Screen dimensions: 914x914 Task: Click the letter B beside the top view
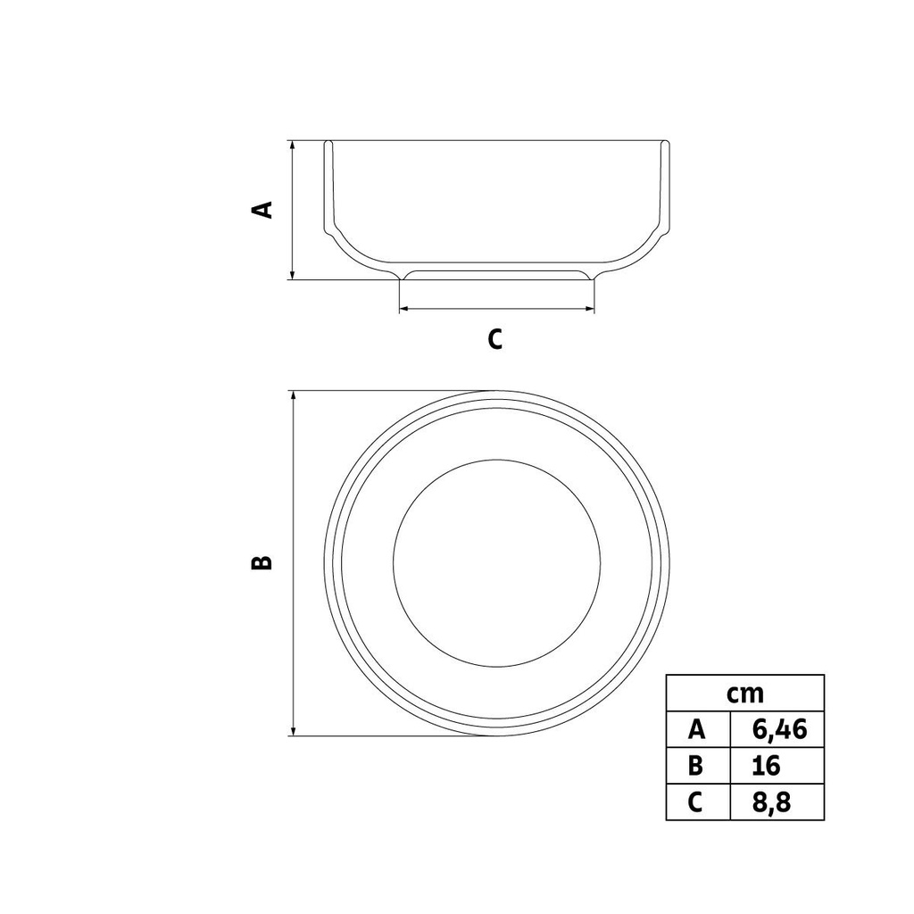coord(262,562)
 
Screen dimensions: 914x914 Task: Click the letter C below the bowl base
coord(495,339)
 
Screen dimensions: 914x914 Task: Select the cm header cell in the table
coord(744,693)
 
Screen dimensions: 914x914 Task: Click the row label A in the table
coord(697,729)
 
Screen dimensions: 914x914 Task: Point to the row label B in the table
coord(697,766)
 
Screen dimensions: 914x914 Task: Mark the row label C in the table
coord(697,802)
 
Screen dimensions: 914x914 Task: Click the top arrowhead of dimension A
coord(292,145)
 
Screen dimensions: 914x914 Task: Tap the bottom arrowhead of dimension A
coord(292,274)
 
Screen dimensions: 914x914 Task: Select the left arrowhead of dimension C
coord(403,309)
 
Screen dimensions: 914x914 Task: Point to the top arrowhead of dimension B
coord(293,396)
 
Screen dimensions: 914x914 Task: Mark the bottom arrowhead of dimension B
coord(293,731)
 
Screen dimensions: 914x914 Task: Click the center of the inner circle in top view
coord(496,563)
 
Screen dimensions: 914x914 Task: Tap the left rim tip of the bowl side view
coord(328,143)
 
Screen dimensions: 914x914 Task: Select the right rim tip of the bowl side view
coord(665,143)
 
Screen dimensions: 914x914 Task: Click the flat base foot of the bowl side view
coord(496,276)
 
